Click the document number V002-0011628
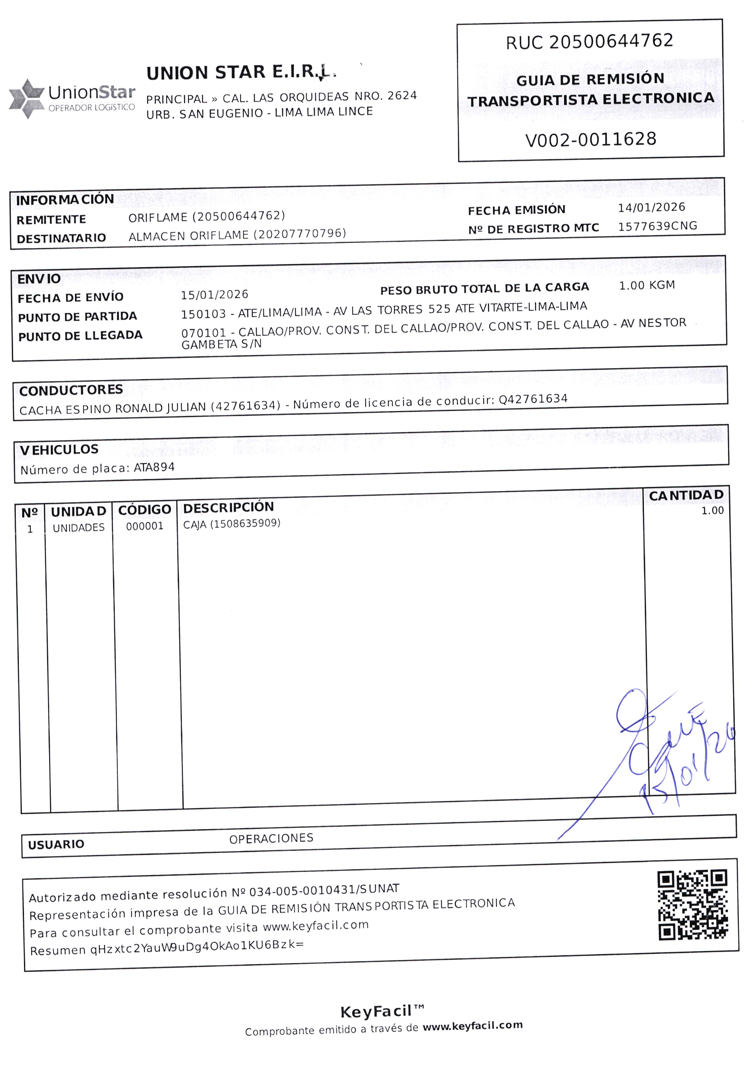[x=590, y=139]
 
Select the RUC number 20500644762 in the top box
[x=611, y=41]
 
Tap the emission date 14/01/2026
[x=651, y=207]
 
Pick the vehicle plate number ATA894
[x=154, y=468]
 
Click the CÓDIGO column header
[x=145, y=510]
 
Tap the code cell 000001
[x=145, y=526]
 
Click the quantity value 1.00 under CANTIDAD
[x=712, y=511]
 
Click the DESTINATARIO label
[x=61, y=238]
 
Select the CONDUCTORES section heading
[x=71, y=390]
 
